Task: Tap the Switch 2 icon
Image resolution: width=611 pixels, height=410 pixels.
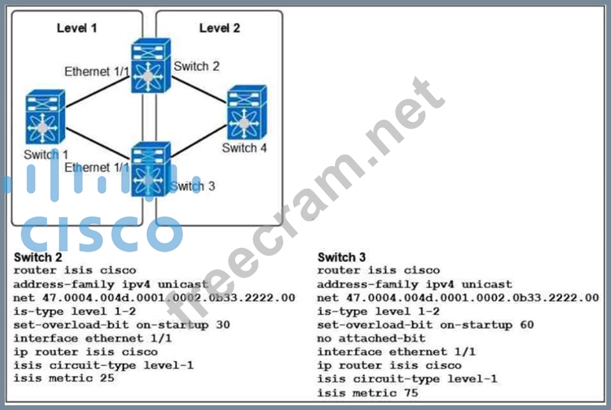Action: [x=151, y=65]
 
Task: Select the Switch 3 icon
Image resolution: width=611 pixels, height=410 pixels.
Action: [x=151, y=168]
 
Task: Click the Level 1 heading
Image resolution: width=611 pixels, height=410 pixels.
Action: [x=77, y=28]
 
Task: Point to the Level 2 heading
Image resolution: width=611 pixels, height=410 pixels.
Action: [x=219, y=28]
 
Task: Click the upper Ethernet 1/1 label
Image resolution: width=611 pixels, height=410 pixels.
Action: [x=98, y=72]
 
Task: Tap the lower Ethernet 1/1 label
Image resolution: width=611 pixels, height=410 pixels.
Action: [x=98, y=168]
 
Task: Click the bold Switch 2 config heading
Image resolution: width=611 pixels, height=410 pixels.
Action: [x=37, y=257]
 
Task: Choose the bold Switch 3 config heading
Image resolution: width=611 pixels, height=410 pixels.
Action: [x=340, y=257]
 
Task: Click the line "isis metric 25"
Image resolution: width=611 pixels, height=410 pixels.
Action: [x=64, y=378]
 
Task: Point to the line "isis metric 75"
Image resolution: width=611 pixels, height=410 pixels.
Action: [x=367, y=393]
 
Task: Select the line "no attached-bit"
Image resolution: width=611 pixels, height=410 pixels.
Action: [x=370, y=338]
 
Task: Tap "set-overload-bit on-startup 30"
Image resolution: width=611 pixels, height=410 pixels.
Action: [x=121, y=324]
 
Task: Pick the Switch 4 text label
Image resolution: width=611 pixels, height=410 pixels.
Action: [x=244, y=148]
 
